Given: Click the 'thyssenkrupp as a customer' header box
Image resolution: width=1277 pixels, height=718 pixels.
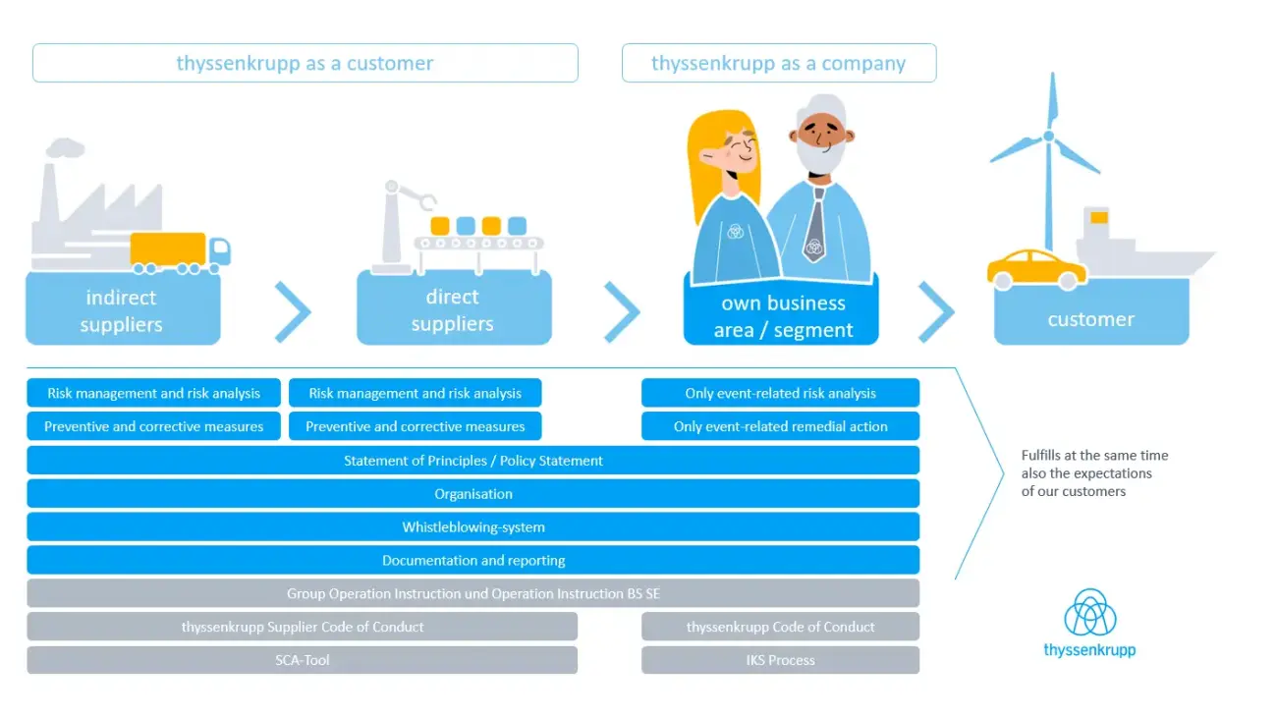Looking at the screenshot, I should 305,64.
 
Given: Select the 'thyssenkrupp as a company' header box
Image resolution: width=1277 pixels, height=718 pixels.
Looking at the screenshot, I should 778,64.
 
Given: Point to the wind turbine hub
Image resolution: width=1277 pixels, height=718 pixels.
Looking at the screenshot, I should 1048,136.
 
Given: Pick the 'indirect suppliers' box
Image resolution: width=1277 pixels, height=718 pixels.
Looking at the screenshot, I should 123,310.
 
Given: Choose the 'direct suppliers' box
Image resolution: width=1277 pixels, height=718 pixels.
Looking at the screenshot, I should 453,310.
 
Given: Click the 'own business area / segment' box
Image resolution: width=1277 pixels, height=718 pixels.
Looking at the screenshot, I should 782,316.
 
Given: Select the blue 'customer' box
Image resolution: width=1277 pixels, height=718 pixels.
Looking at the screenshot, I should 1090,319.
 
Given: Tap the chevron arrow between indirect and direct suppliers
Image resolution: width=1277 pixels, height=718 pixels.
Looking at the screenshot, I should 293,311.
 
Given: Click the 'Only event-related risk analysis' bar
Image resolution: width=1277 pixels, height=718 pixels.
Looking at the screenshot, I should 780,393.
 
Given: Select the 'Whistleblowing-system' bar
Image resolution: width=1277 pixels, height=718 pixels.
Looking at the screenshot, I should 472,527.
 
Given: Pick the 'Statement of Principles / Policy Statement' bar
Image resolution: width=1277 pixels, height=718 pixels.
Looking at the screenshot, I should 472,461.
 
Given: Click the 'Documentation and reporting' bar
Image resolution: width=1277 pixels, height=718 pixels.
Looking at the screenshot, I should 472,561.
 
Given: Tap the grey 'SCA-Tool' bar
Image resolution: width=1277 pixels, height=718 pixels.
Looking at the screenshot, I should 302,660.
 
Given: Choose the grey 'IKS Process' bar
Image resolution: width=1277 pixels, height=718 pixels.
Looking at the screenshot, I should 780,660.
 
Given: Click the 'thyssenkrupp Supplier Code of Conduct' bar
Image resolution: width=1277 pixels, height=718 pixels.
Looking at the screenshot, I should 302,627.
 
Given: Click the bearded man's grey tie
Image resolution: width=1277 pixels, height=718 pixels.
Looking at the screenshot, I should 814,227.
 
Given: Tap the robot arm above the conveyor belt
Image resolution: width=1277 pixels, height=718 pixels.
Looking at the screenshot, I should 403,211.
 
